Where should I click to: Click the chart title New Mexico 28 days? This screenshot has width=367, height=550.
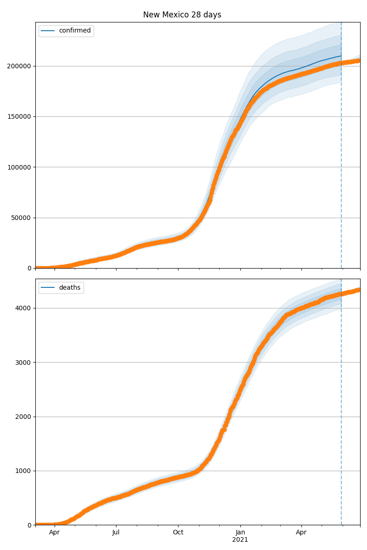click(182, 15)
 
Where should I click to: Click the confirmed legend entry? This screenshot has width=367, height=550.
click(75, 31)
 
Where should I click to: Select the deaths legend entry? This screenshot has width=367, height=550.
click(70, 287)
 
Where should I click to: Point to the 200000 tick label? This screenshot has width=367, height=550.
click(19, 66)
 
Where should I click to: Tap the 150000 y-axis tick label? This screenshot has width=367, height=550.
click(19, 116)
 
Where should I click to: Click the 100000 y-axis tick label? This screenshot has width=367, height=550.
click(19, 167)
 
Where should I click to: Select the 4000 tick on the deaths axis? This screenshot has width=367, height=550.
click(23, 308)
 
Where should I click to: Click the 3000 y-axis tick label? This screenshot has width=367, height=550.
click(23, 363)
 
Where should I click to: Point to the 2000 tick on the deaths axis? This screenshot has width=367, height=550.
click(23, 417)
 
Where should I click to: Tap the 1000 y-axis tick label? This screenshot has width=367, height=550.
click(23, 471)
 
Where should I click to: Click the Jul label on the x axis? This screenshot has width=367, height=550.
click(116, 533)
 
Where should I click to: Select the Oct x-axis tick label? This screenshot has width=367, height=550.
click(178, 533)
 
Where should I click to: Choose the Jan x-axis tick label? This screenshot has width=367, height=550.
click(240, 533)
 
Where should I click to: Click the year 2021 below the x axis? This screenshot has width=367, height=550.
click(240, 540)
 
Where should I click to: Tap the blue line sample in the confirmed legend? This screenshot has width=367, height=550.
click(48, 31)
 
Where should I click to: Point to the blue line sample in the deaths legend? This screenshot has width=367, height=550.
click(48, 287)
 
